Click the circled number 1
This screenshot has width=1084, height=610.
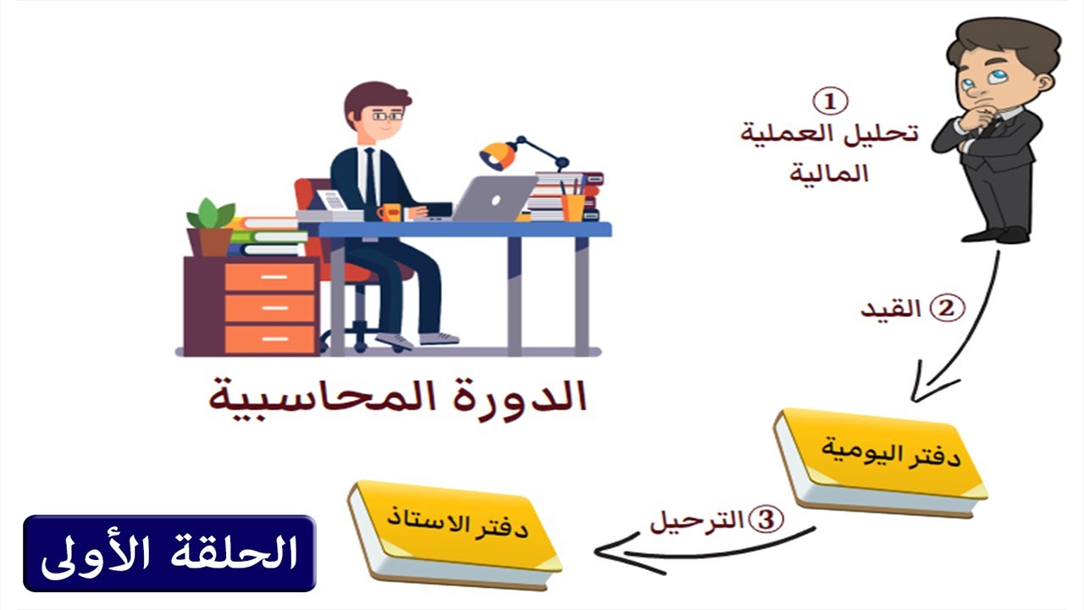830,102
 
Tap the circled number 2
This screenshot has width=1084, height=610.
947,308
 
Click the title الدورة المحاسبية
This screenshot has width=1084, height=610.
398,399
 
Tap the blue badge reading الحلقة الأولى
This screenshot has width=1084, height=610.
169,553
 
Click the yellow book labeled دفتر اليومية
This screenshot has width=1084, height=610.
881,462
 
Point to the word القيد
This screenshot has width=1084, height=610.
891,309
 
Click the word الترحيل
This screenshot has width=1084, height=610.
696,521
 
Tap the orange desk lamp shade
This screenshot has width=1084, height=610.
498,156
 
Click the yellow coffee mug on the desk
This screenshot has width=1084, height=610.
390,212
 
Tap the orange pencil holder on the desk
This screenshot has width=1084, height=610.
572,207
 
